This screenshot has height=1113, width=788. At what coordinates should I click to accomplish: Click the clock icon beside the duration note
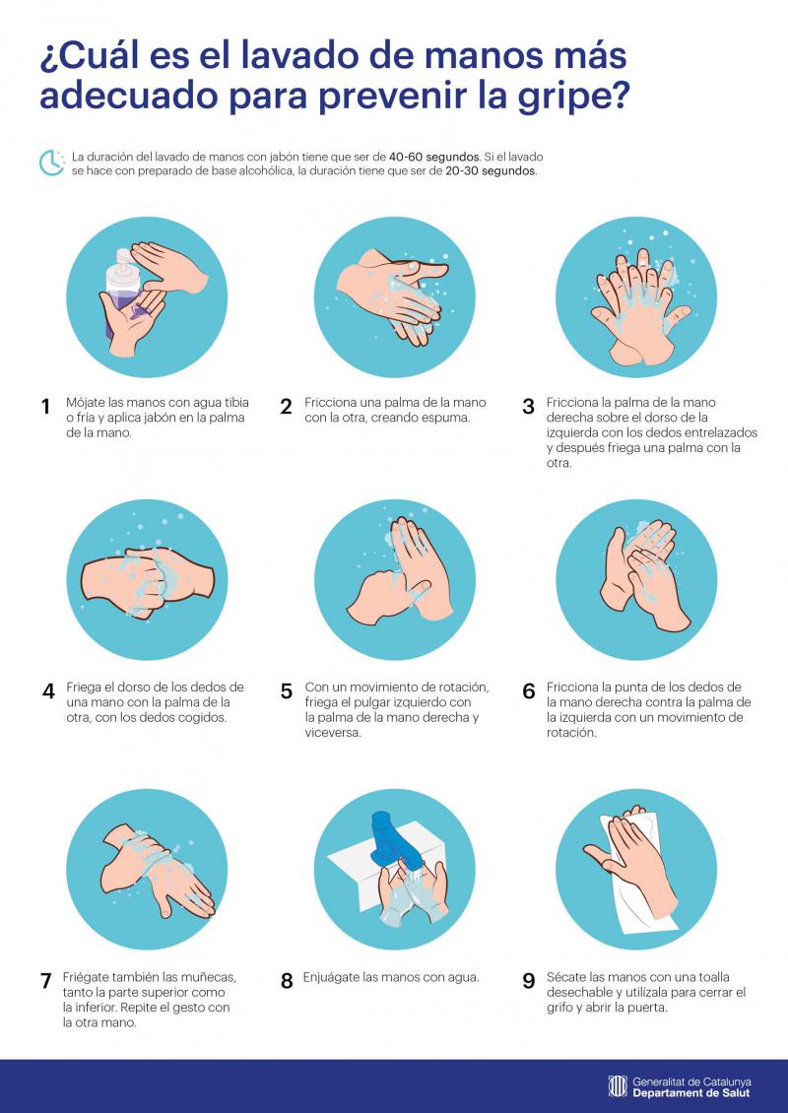[x=52, y=163]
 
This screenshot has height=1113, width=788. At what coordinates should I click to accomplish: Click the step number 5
[x=286, y=691]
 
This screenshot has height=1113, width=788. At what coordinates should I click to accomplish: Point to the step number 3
[x=528, y=407]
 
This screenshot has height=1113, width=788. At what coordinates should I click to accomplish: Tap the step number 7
[x=46, y=981]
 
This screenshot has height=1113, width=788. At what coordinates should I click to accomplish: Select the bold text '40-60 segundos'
[x=433, y=157]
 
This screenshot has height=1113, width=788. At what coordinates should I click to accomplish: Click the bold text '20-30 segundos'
[x=491, y=171]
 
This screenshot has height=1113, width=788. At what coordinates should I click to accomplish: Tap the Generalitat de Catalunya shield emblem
[x=617, y=1086]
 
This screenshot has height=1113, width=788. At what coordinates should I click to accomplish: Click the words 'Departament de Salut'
[x=690, y=1093]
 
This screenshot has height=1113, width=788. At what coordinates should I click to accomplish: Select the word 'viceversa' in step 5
[x=333, y=733]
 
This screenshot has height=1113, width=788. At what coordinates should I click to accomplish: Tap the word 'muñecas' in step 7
[x=207, y=977]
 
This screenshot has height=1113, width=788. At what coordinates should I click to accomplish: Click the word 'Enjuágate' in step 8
[x=331, y=978]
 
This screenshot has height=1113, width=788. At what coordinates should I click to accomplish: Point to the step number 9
[x=528, y=981]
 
